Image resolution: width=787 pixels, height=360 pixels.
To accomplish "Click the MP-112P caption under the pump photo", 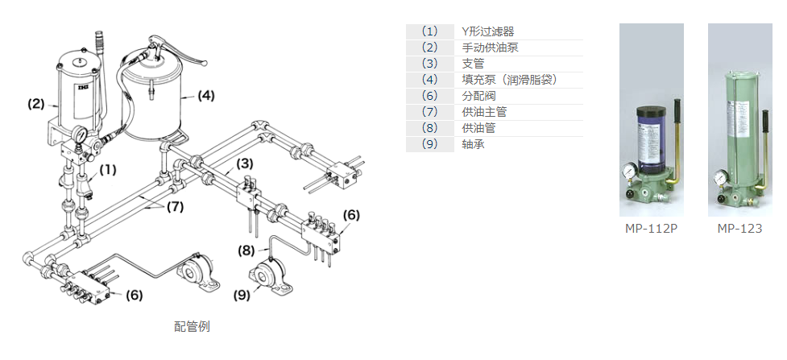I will click(x=651, y=229).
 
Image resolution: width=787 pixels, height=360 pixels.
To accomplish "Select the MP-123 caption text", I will click(x=739, y=229).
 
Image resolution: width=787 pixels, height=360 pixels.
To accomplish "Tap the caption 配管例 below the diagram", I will click(x=193, y=326).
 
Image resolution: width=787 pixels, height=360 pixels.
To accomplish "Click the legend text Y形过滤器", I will click(x=488, y=31).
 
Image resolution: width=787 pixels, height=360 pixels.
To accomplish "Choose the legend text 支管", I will click(x=473, y=64).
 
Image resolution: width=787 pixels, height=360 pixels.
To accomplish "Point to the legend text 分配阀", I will click(x=478, y=96).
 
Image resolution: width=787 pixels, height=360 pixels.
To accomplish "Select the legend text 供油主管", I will click(x=483, y=112).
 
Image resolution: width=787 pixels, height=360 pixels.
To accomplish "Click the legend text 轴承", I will click(x=473, y=145).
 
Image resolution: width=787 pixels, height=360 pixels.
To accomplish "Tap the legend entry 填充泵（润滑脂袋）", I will click(x=510, y=80).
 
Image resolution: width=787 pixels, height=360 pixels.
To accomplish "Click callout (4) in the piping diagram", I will click(x=206, y=96).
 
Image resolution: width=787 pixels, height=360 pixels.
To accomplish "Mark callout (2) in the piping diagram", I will click(x=36, y=104).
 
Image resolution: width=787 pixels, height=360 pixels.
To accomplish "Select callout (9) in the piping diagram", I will click(x=242, y=295).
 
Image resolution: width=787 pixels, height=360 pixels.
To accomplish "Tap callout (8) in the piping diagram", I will click(x=246, y=250).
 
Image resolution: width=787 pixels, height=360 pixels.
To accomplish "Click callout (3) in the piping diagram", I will click(x=245, y=163).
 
